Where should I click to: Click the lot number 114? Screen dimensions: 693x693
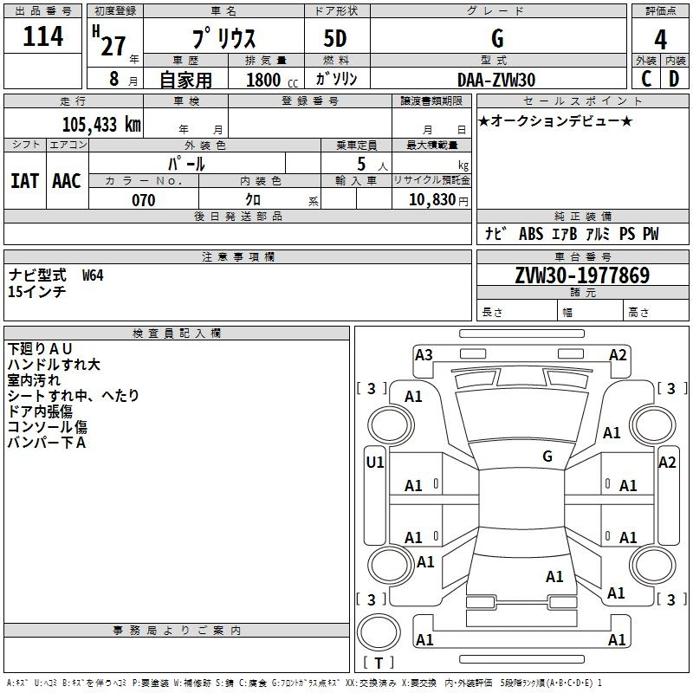tap(42, 36)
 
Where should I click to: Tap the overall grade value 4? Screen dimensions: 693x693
tap(660, 39)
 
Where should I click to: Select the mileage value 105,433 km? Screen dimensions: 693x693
tap(101, 125)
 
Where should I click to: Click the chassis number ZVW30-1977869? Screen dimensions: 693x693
tap(582, 275)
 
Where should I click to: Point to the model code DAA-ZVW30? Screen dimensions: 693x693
tap(496, 80)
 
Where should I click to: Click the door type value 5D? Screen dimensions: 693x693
tap(335, 38)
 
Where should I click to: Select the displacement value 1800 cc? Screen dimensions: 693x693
tap(272, 80)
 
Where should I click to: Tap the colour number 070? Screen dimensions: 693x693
tap(144, 200)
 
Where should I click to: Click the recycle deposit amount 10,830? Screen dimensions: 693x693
tap(431, 200)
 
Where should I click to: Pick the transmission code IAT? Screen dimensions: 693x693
tap(24, 181)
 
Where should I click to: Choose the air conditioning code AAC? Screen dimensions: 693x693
tap(67, 181)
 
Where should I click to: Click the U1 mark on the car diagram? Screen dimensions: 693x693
tap(375, 463)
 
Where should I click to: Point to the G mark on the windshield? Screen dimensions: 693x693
tap(547, 456)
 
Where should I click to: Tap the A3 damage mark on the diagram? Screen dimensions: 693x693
tap(424, 355)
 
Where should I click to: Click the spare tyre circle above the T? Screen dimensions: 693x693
tap(379, 632)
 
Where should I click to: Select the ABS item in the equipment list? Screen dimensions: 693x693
tap(531, 234)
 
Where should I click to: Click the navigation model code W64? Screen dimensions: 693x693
tap(93, 275)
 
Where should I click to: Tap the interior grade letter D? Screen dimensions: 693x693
tap(674, 79)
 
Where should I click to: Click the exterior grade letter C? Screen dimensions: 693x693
tap(646, 79)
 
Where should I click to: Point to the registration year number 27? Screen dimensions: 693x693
tap(113, 47)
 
